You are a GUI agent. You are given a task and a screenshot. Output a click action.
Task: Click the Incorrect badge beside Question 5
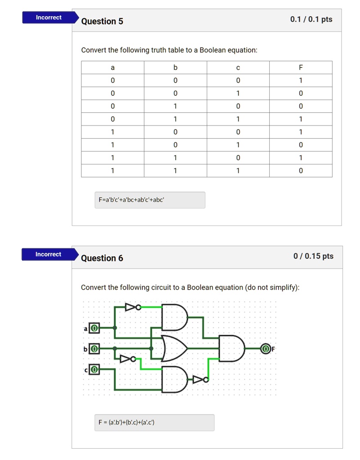pyautogui.click(x=49, y=18)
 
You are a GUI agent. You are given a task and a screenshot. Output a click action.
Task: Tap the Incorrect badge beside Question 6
pyautogui.click(x=48, y=254)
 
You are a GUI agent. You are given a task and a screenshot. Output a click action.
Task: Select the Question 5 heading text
pyautogui.click(x=102, y=21)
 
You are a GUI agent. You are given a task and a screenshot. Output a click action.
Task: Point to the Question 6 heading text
pyautogui.click(x=102, y=258)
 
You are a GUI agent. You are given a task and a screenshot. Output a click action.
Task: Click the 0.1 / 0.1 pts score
pyautogui.click(x=311, y=19)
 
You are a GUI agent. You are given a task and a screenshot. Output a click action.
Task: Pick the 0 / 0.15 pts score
pyautogui.click(x=313, y=256)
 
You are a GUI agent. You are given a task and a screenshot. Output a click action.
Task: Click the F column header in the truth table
pyautogui.click(x=301, y=67)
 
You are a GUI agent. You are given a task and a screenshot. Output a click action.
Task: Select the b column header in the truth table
pyautogui.click(x=175, y=67)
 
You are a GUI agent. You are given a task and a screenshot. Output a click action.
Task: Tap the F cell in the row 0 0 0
pyautogui.click(x=301, y=80)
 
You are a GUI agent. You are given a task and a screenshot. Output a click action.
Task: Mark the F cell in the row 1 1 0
pyautogui.click(x=301, y=158)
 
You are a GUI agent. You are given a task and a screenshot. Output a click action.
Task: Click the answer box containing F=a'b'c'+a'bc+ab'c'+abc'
pyautogui.click(x=150, y=200)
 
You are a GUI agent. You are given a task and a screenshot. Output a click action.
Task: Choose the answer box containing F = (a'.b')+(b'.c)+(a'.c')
pyautogui.click(x=154, y=422)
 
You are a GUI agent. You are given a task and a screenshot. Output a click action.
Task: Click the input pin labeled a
pyautogui.click(x=94, y=328)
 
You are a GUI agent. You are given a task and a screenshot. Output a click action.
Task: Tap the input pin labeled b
pyautogui.click(x=94, y=349)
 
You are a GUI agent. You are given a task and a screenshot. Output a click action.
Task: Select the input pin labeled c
pyautogui.click(x=94, y=370)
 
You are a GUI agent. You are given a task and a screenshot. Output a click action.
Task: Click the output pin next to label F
pyautogui.click(x=266, y=349)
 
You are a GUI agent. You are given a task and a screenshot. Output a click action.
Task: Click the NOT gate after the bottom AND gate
pyautogui.click(x=199, y=380)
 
